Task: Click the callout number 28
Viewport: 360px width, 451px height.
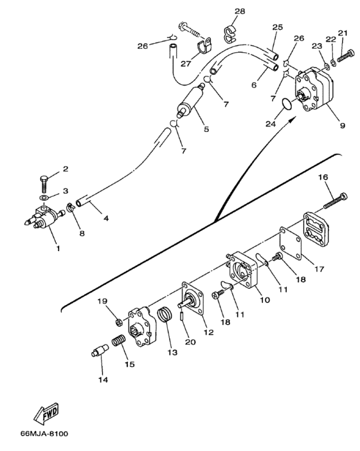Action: (x=240, y=11)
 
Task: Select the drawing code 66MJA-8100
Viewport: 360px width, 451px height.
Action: (x=44, y=434)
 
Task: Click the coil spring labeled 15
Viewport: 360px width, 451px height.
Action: (x=118, y=340)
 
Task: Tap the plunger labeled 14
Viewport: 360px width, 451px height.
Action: (x=100, y=350)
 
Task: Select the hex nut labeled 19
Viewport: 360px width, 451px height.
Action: (x=119, y=322)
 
